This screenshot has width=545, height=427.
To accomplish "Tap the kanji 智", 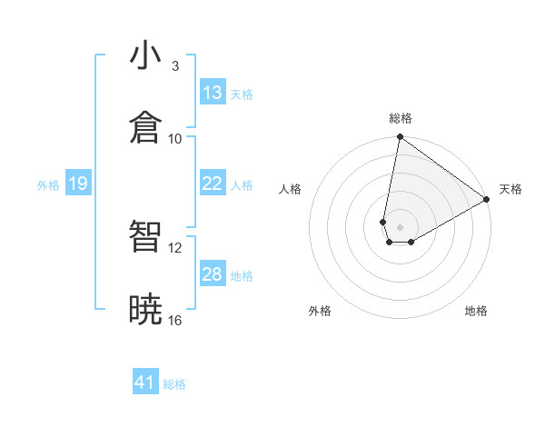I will (146, 237).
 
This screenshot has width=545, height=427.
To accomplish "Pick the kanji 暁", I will (146, 309).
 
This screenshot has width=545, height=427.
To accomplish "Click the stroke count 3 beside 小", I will (175, 66).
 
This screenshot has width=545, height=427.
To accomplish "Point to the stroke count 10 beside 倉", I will (175, 138).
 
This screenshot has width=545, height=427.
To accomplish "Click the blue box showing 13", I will (213, 93).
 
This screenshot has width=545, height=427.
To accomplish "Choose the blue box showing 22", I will (213, 184).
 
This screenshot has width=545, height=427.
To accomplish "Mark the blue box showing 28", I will (213, 274).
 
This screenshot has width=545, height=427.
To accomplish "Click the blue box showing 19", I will (77, 184).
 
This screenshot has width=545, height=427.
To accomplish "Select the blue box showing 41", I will (145, 383).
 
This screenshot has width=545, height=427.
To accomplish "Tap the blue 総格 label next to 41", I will (174, 384).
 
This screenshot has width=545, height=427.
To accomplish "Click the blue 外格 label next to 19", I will (48, 185).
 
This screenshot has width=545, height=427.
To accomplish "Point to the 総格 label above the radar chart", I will (401, 119).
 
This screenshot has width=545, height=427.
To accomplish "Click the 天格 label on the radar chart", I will (510, 189).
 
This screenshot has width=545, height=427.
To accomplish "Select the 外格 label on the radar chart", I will (320, 311).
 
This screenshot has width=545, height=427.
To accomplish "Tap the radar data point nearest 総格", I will (400, 138).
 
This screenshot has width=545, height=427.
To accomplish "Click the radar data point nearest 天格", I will (487, 200).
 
